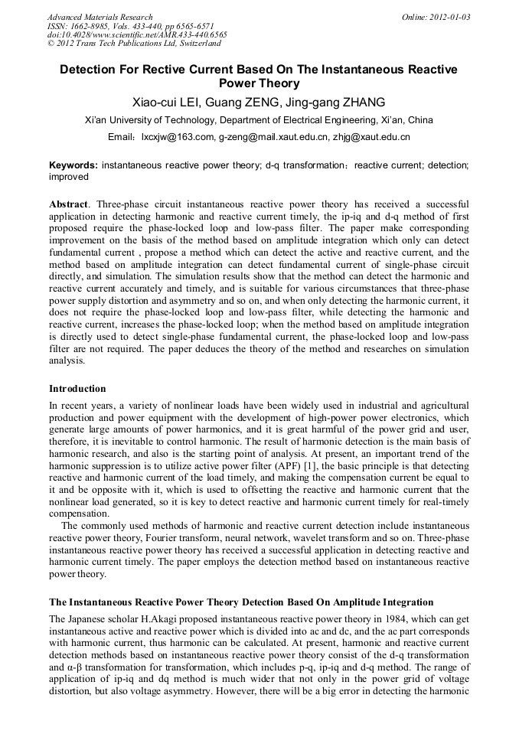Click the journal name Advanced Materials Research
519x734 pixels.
(100, 17)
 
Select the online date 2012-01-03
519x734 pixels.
(447, 17)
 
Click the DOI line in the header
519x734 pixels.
(137, 35)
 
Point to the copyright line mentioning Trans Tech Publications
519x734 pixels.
(134, 44)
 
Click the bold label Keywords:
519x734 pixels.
(73, 165)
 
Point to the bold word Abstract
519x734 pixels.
(68, 204)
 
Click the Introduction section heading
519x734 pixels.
(77, 389)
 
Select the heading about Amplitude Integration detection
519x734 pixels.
(241, 602)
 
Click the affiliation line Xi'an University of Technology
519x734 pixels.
(259, 120)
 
